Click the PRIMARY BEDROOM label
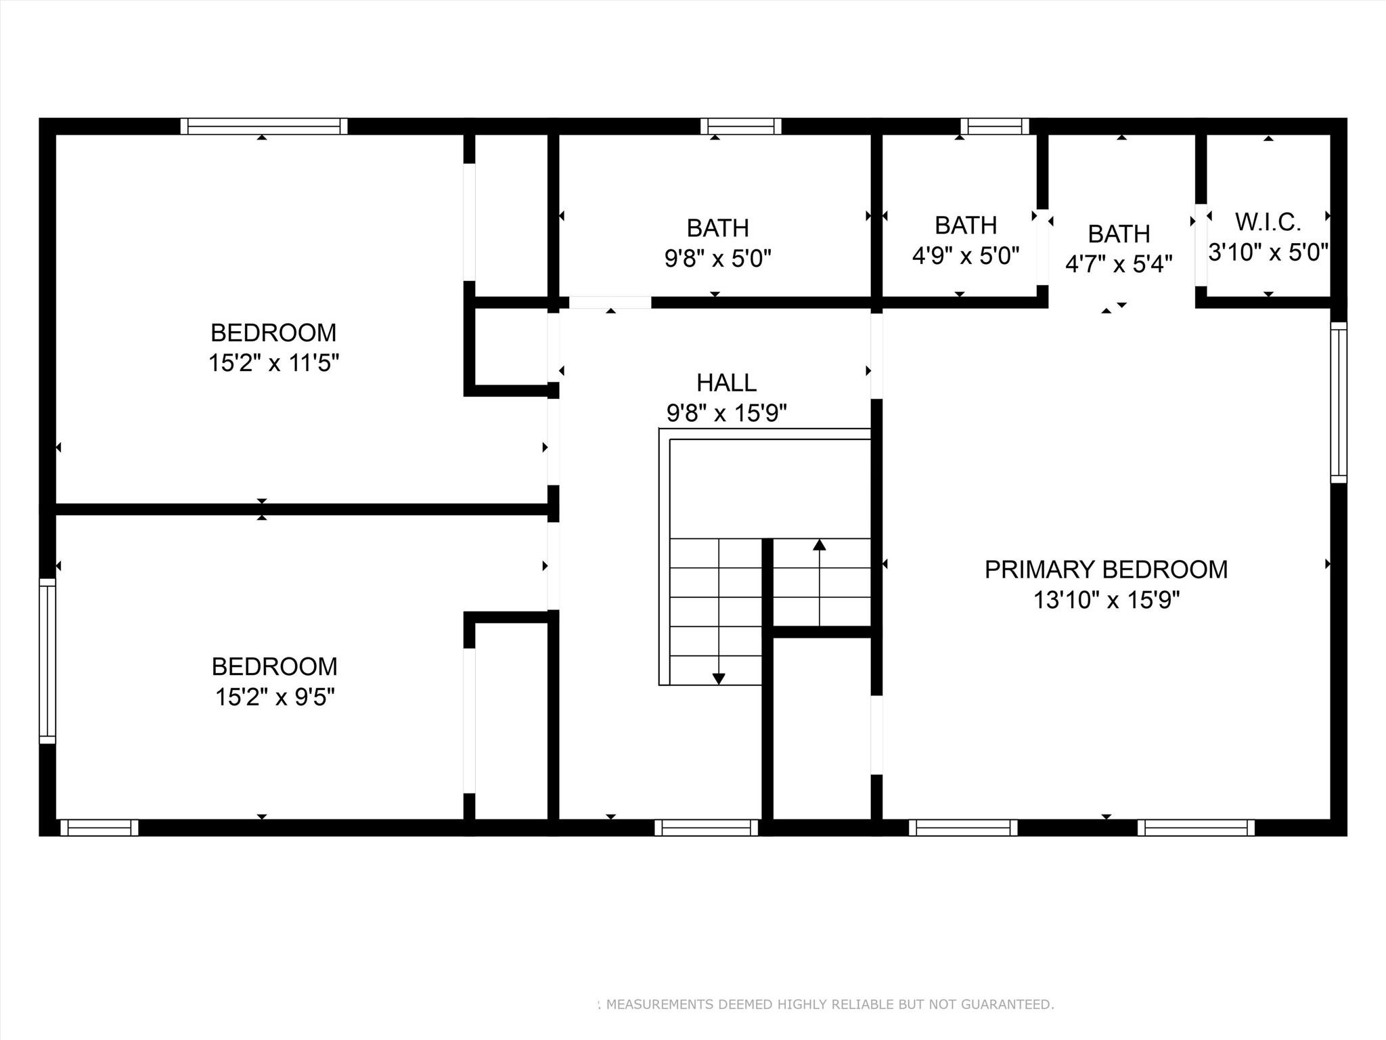1106,569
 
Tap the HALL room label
726,383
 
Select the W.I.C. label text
1268,222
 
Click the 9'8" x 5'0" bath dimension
718,258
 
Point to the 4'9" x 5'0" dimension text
966,255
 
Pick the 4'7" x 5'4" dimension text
1119,263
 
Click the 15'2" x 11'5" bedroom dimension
273,363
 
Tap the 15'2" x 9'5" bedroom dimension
275,697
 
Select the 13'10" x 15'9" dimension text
1106,600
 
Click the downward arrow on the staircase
719,677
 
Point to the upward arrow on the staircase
820,546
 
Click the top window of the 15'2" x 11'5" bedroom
264,126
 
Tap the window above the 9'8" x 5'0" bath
741,126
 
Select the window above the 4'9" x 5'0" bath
995,126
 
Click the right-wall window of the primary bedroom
1338,402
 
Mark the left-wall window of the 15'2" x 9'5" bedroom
47,660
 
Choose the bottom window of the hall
706,827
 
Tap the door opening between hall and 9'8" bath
610,302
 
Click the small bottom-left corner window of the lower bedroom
99,827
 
